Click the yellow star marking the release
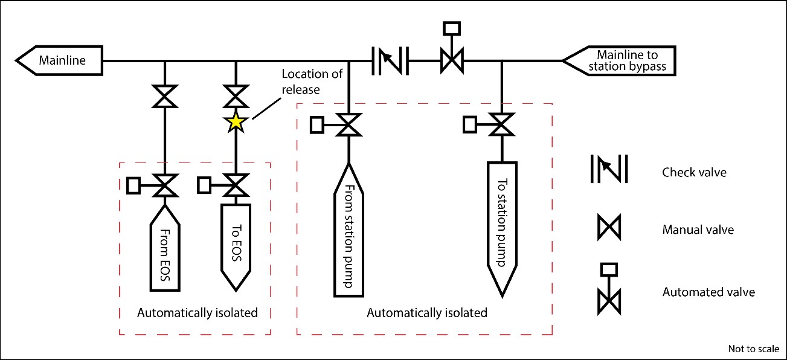pyautogui.click(x=235, y=123)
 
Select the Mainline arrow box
pyautogui.click(x=60, y=60)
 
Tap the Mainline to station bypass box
pyautogui.click(x=619, y=60)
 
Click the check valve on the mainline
pyautogui.click(x=390, y=60)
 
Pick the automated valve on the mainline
pyautogui.click(x=451, y=60)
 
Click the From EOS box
pyautogui.click(x=164, y=248)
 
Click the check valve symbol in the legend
pyautogui.click(x=609, y=169)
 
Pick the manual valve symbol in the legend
pyautogui.click(x=609, y=229)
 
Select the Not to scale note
pyautogui.click(x=754, y=349)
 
